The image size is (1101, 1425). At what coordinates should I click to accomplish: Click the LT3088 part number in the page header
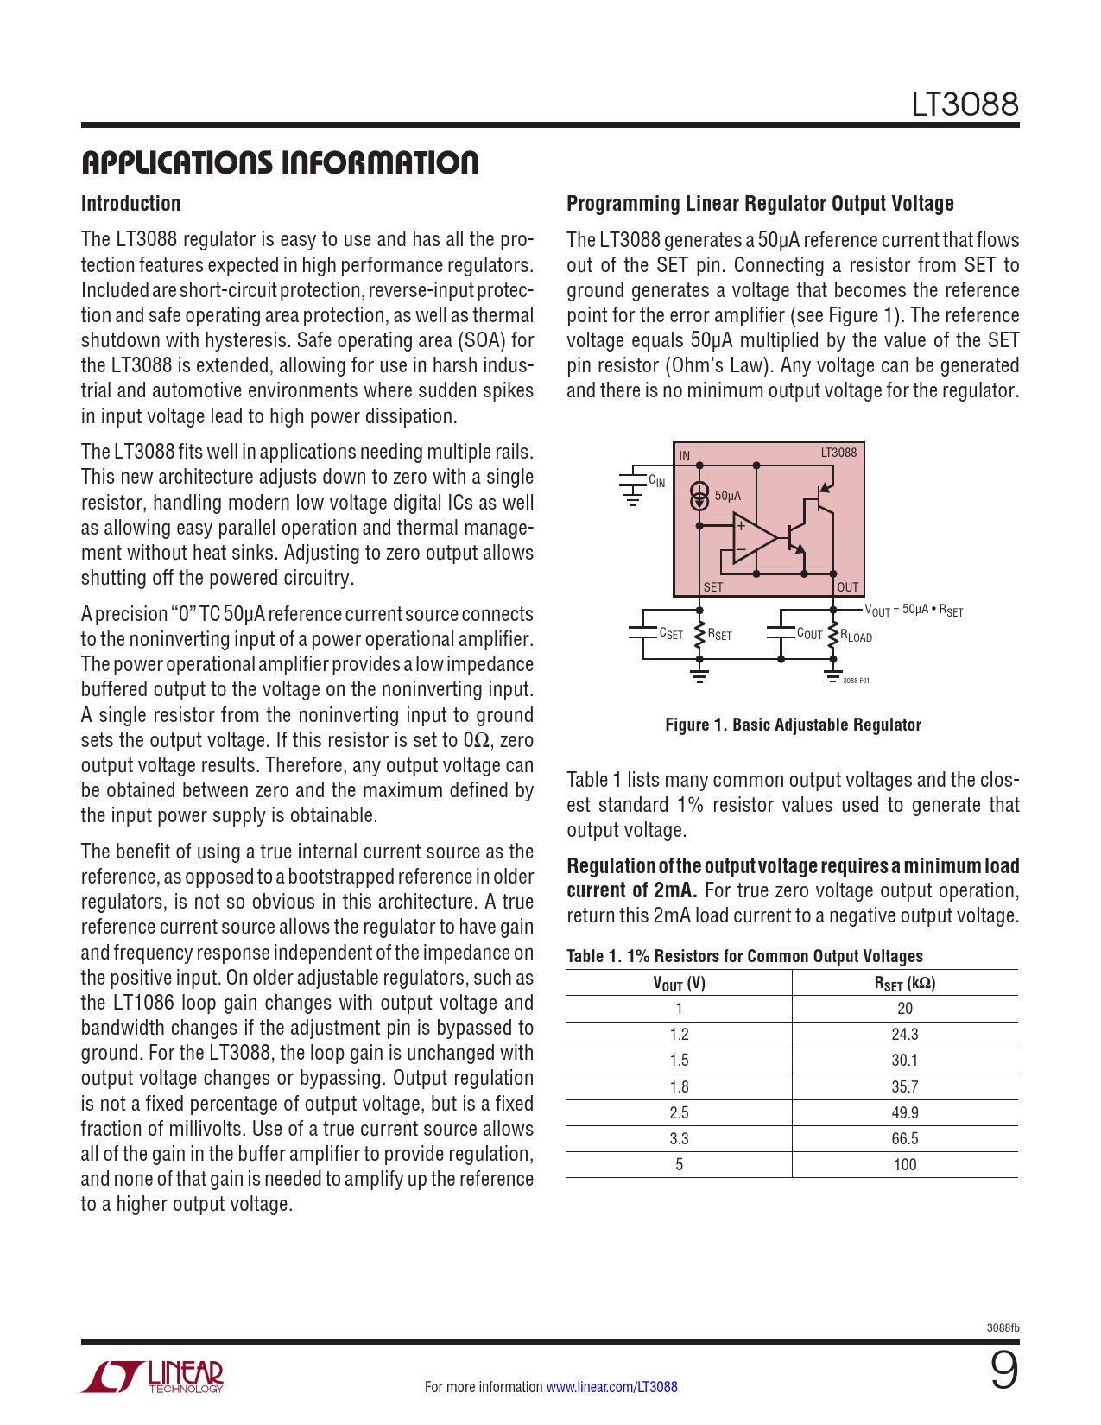pos(965,104)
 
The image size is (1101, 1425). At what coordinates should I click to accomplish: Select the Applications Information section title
pos(280,162)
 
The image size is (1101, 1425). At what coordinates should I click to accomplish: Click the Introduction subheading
pos(130,204)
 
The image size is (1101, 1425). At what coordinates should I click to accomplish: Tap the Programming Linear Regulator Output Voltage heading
pos(760,204)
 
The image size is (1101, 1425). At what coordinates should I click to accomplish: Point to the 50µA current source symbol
pos(699,497)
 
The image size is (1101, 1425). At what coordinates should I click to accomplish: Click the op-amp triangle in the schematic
pos(753,538)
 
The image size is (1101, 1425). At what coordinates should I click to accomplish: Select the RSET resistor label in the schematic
pos(719,635)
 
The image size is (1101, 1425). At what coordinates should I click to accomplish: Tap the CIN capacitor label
pos(657,481)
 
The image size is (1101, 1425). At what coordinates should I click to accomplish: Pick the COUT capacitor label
pos(809,634)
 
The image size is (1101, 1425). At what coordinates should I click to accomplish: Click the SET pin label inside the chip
pos(713,587)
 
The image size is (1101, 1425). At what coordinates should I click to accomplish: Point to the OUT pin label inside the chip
pos(848,587)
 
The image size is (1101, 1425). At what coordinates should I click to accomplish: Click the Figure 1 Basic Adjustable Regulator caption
pos(793,725)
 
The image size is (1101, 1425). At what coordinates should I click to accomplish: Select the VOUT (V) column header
pos(679,983)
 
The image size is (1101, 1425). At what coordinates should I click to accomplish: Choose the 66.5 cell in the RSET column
pos(905,1138)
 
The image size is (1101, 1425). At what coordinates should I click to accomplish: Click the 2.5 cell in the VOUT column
pos(679,1112)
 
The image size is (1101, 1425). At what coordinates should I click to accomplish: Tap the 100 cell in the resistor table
pos(905,1164)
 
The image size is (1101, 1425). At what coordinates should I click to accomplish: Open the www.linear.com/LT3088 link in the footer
pos(612,1387)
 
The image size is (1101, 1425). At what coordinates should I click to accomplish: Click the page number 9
pos(1003,1371)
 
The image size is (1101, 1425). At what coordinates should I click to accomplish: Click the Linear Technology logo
pos(153,1377)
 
